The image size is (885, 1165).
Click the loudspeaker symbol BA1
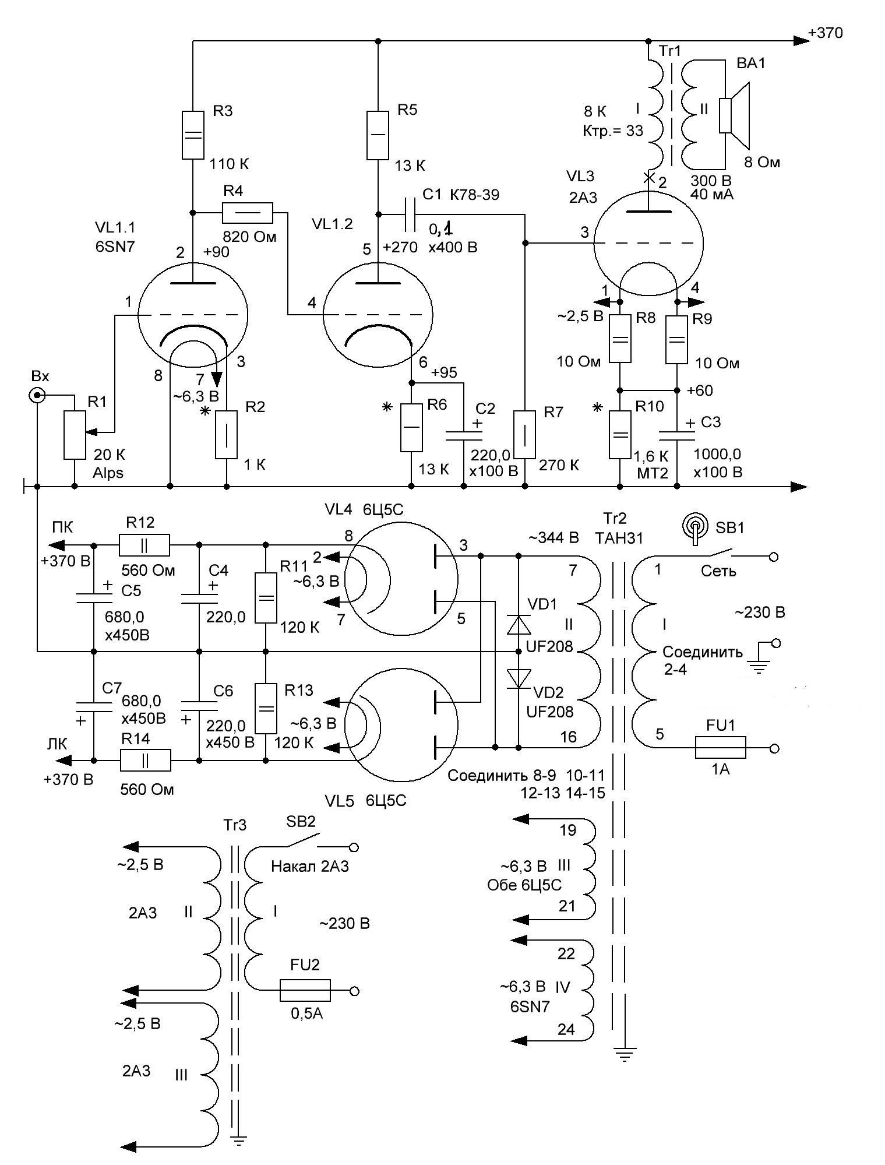(x=735, y=115)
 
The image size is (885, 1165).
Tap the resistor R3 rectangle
(x=193, y=135)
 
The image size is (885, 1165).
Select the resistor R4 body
(x=247, y=213)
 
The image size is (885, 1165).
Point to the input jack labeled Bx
(x=37, y=396)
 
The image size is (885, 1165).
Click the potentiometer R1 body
(x=75, y=434)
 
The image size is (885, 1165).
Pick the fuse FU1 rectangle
(x=720, y=747)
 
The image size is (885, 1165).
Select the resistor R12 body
(x=144, y=545)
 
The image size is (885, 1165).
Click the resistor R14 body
(x=145, y=761)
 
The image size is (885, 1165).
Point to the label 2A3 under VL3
(x=583, y=197)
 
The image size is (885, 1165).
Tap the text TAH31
(x=619, y=538)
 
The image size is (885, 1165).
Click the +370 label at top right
(x=826, y=33)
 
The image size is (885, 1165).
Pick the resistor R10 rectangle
(x=620, y=434)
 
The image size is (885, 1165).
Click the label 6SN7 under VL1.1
(x=115, y=246)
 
